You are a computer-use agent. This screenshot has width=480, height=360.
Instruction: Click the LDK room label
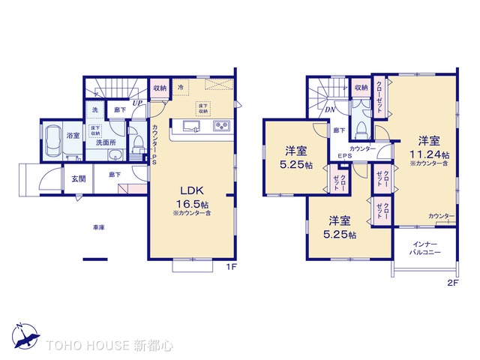point(187,190)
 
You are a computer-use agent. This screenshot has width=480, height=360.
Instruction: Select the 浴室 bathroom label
point(73,136)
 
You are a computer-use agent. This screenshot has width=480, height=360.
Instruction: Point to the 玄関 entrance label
point(79,179)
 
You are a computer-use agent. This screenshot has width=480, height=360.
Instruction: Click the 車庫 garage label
point(98,227)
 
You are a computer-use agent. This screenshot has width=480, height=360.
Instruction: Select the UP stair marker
point(139,103)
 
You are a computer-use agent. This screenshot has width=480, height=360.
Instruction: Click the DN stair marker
point(329,109)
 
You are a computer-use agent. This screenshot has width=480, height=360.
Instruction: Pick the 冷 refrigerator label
point(181,88)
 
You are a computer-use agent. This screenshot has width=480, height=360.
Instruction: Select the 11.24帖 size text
point(427,154)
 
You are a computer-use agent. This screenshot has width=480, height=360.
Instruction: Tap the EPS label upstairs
point(344,157)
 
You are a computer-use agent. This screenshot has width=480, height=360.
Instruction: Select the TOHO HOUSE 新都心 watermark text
point(109,346)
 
